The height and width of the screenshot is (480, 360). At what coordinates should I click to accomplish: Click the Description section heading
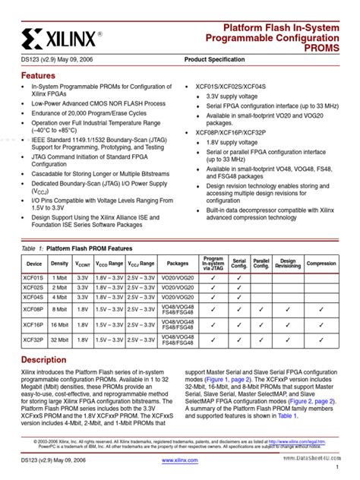(x=43, y=359)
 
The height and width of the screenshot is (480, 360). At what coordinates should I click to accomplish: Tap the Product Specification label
(x=215, y=59)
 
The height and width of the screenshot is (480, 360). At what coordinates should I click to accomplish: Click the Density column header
(x=59, y=264)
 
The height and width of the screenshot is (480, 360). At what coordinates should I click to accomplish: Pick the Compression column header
(x=321, y=264)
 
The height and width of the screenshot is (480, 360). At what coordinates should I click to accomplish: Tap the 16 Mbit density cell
(x=59, y=325)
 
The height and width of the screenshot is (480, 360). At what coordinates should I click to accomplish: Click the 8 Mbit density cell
(x=59, y=309)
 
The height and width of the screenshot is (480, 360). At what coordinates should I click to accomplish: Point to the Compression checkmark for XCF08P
(x=321, y=309)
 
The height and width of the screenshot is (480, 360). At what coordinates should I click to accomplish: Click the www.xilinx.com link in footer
(x=180, y=460)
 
